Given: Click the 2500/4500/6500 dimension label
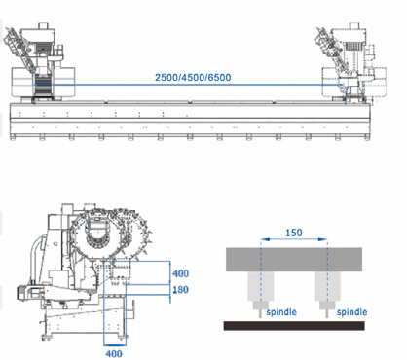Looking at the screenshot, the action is click(x=193, y=78).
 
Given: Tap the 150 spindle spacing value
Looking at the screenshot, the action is click(x=294, y=233).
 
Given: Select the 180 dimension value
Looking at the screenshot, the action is click(x=180, y=289).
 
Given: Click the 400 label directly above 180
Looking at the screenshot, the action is click(x=180, y=273).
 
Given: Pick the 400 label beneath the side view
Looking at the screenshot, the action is click(x=114, y=353).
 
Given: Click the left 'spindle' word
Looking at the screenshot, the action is click(x=281, y=312).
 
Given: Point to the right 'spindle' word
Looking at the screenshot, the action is click(x=351, y=312).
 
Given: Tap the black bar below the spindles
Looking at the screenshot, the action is click(x=294, y=326).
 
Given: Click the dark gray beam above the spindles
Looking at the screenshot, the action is click(x=294, y=260).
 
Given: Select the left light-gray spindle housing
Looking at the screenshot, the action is click(x=260, y=286).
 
